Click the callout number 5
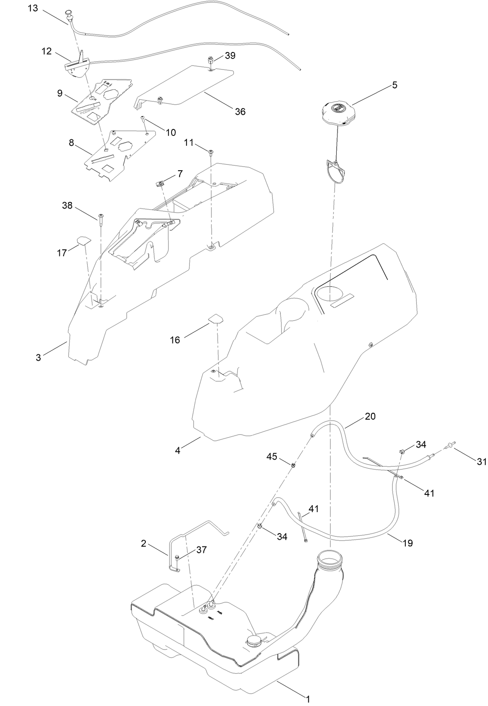click(x=394, y=85)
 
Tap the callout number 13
click(x=33, y=8)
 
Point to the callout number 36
click(x=240, y=112)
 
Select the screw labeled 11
click(x=211, y=153)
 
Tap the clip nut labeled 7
click(x=160, y=183)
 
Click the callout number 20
click(x=370, y=416)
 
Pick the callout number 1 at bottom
click(x=307, y=699)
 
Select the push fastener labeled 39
click(x=211, y=59)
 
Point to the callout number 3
click(x=38, y=357)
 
